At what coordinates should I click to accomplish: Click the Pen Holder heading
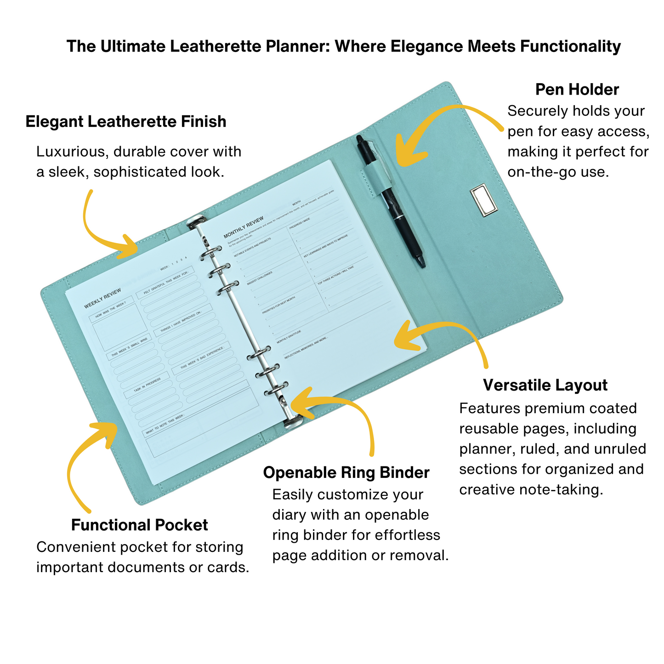[x=577, y=90]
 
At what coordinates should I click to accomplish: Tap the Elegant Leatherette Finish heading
[x=126, y=122]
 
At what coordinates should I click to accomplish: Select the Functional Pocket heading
[x=139, y=525]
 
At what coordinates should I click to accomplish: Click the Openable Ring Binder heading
[x=346, y=473]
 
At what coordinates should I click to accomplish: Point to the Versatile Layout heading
[x=545, y=385]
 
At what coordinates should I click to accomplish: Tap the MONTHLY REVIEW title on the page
[x=244, y=227]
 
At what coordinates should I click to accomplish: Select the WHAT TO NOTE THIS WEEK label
[x=165, y=424]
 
